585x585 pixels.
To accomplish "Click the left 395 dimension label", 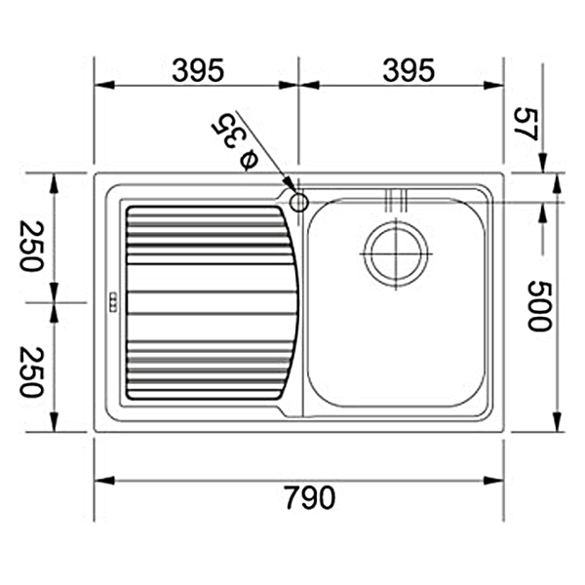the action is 198,70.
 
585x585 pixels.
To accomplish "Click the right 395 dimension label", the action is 409,70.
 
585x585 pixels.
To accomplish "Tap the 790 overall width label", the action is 310,497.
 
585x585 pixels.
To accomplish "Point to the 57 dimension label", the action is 526,124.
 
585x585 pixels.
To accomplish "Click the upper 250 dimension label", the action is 32,247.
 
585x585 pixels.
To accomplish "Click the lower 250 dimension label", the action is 32,372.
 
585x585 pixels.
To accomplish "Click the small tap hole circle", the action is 298,203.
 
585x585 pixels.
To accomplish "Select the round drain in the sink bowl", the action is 396,254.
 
